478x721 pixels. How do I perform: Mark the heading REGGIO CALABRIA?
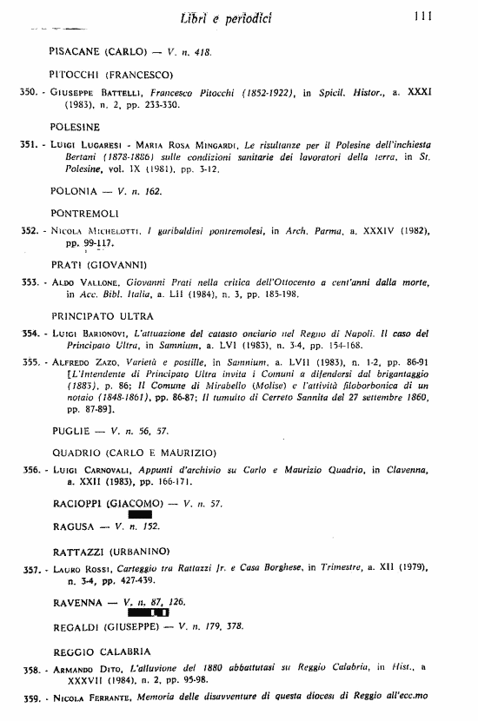click(102, 651)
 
